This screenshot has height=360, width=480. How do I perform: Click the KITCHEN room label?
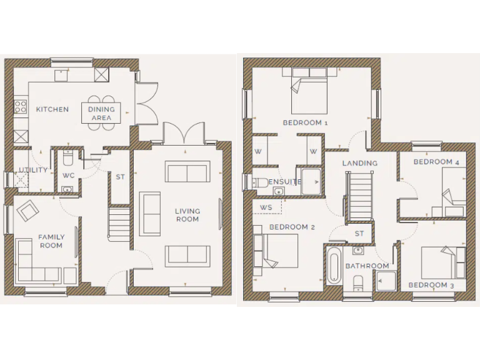tap(52, 109)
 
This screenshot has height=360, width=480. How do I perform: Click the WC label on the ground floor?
tap(68, 175)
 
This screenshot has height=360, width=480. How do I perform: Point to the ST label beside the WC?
tap(120, 177)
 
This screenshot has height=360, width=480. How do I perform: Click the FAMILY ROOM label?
tap(51, 241)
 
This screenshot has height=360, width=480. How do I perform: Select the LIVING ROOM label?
tap(187, 215)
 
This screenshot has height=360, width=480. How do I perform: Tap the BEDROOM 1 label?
tap(306, 122)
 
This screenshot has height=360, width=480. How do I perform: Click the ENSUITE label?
tap(285, 182)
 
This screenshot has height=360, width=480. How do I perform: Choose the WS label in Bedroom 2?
tap(266, 207)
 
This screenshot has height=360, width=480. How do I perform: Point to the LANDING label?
tap(359, 163)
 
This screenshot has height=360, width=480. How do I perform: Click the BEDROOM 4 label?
tap(436, 162)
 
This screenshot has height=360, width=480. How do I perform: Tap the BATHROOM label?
tap(367, 266)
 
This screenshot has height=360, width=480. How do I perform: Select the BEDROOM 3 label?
tap(431, 285)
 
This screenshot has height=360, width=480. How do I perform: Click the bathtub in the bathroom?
tap(333, 269)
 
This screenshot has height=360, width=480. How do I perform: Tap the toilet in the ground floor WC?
tap(69, 156)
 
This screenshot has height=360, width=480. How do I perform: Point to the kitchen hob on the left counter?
tap(20, 107)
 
